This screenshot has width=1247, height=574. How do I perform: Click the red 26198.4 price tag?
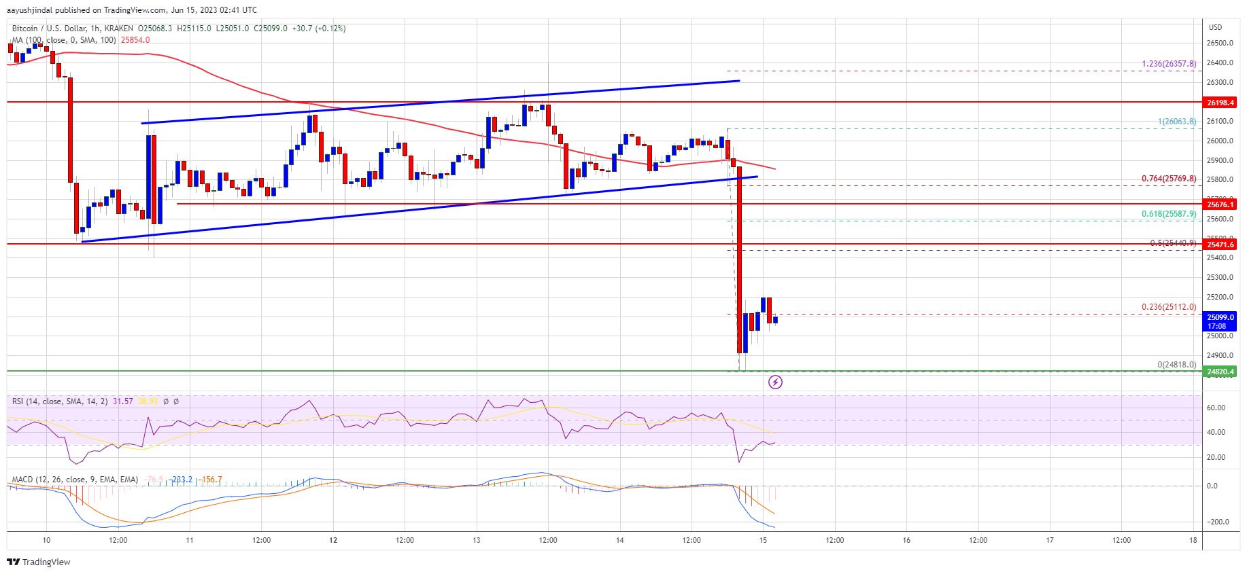(x=1220, y=103)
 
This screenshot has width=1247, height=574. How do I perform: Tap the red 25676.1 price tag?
(x=1220, y=204)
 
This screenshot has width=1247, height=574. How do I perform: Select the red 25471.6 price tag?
(x=1220, y=245)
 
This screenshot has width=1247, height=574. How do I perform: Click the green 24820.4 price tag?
(x=1220, y=372)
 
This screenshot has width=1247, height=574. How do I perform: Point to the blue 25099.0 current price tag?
(x=1220, y=317)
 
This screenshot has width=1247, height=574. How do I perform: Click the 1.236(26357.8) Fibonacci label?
(x=1169, y=64)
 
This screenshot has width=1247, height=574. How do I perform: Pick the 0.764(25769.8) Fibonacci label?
(x=1169, y=179)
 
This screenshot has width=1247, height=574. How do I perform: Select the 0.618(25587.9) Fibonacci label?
(x=1169, y=214)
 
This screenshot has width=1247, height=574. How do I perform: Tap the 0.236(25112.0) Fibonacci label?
(x=1169, y=307)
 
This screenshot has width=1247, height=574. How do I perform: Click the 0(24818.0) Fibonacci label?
(x=1176, y=365)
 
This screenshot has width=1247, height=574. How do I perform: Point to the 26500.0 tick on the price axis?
(x=1220, y=43)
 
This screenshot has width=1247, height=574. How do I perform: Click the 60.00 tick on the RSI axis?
(x=1216, y=408)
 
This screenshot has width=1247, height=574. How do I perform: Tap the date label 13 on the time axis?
(x=477, y=540)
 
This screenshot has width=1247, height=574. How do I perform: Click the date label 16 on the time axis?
(x=906, y=540)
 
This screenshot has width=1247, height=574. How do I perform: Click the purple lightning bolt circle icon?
(x=775, y=382)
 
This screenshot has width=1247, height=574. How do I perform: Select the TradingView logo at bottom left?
(x=39, y=562)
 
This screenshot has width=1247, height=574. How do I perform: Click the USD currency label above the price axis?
(x=1215, y=27)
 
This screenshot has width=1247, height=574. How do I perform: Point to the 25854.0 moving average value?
(x=135, y=40)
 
